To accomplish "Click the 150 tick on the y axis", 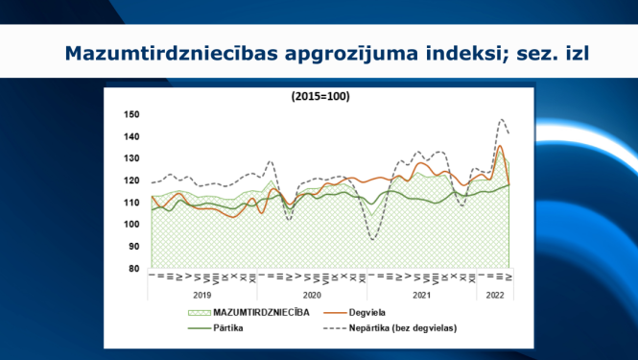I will click(x=132, y=114).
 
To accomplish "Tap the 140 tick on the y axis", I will click(x=132, y=136).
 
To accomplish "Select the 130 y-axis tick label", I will click(x=132, y=158).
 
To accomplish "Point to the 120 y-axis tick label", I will click(x=132, y=180).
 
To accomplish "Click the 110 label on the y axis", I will click(x=132, y=203).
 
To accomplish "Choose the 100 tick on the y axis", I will click(x=132, y=225).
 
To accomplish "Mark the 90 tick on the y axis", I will click(x=135, y=247).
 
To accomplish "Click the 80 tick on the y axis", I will click(x=135, y=269).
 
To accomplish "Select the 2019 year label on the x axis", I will click(x=202, y=296).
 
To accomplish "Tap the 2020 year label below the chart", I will click(x=312, y=296).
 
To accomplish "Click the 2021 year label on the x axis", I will click(x=421, y=296).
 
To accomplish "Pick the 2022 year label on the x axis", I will click(x=495, y=296).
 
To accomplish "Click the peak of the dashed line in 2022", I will click(x=502, y=120).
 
